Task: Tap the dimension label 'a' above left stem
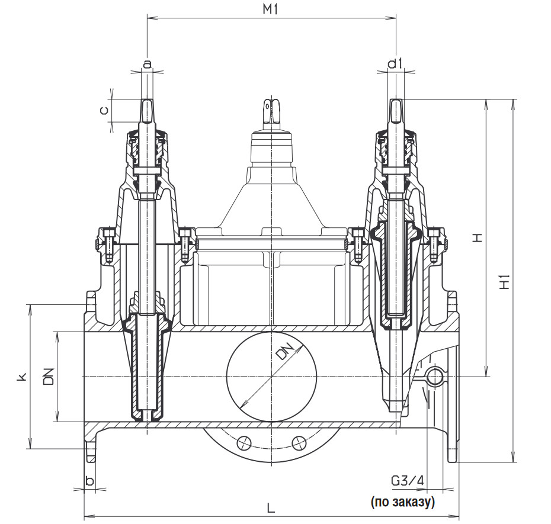(x=147, y=63)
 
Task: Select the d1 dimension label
(x=395, y=63)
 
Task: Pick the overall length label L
(x=271, y=508)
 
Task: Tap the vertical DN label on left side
(x=49, y=377)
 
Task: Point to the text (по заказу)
(x=403, y=503)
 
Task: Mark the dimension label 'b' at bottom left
(x=89, y=480)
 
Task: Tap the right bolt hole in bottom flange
(x=298, y=442)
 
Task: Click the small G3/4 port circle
(x=436, y=376)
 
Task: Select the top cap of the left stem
(x=147, y=110)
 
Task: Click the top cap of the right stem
(x=396, y=110)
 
